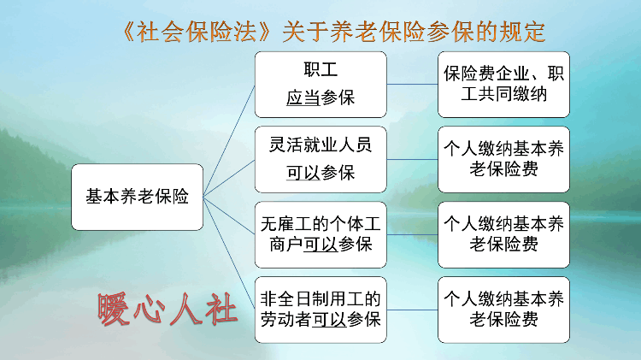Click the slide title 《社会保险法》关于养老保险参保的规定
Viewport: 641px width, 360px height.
pyautogui.click(x=333, y=32)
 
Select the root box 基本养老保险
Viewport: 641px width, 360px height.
pyautogui.click(x=138, y=197)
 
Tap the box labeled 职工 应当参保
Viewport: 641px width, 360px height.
pyautogui.click(x=320, y=85)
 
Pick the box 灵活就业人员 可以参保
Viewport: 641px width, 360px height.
pyautogui.click(x=320, y=160)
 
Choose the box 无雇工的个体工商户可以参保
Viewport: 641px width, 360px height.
pyautogui.click(x=320, y=235)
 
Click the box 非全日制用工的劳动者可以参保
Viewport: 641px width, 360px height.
pyautogui.click(x=320, y=310)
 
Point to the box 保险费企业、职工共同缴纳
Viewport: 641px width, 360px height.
pyautogui.click(x=503, y=85)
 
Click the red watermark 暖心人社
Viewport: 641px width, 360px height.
pyautogui.click(x=168, y=310)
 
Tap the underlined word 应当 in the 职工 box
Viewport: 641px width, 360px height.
pyautogui.click(x=303, y=97)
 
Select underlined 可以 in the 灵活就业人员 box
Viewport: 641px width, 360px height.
pyautogui.click(x=303, y=173)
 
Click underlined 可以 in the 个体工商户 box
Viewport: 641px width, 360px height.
pyautogui.click(x=320, y=245)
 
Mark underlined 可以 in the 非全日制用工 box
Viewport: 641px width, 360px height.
pyautogui.click(x=329, y=320)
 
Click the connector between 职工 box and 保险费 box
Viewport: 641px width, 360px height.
pyautogui.click(x=412, y=85)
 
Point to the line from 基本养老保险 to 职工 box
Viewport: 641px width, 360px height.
pyautogui.click(x=229, y=141)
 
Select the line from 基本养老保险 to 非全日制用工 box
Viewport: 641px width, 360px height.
pyautogui.click(x=229, y=253)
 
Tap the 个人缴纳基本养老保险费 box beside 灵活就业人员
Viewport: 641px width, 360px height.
pyautogui.click(x=503, y=160)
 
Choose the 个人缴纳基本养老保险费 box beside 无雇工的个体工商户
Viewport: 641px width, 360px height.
pyautogui.click(x=503, y=235)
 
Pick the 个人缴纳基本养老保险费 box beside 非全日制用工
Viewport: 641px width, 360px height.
pyautogui.click(x=503, y=310)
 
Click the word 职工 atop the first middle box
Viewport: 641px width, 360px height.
pyautogui.click(x=320, y=69)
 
